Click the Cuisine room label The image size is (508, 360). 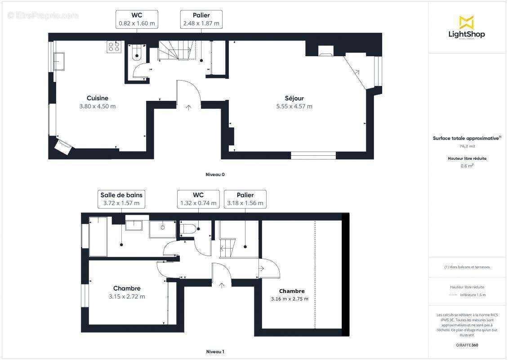(x=98, y=98)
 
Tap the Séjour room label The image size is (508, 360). (x=294, y=98)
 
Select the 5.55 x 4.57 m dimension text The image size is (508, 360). (x=294, y=107)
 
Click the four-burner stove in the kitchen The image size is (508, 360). (x=114, y=47)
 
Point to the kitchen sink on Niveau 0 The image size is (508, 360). (x=59, y=61)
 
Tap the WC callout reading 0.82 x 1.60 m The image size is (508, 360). (x=137, y=19)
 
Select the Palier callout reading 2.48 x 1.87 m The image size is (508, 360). (x=201, y=19)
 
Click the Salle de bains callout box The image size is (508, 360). (x=121, y=199)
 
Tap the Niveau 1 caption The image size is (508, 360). (x=215, y=351)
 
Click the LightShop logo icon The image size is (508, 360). (x=466, y=22)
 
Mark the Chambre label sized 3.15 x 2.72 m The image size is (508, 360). (x=127, y=288)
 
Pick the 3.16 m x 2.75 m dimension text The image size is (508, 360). (x=290, y=299)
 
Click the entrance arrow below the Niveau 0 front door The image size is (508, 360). (x=188, y=107)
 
